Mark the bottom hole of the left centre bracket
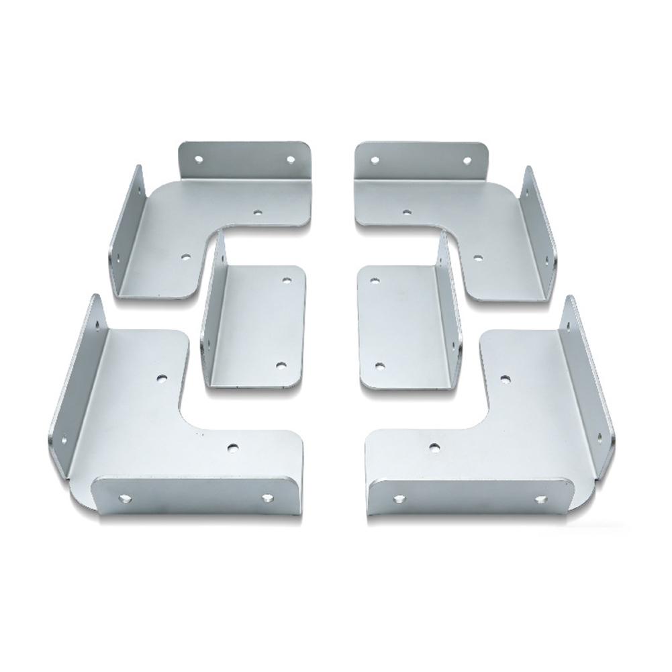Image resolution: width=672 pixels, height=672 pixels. [281, 366]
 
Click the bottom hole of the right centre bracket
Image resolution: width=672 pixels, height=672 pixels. [380, 367]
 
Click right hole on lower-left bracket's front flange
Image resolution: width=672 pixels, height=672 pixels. [267, 498]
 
